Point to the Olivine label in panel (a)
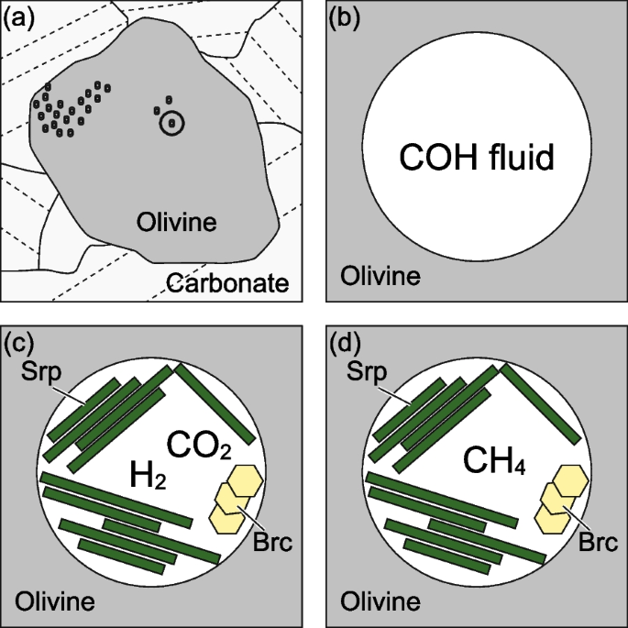pos(176,222)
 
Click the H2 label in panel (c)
pos(149,476)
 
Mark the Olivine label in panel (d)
pos(380,602)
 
